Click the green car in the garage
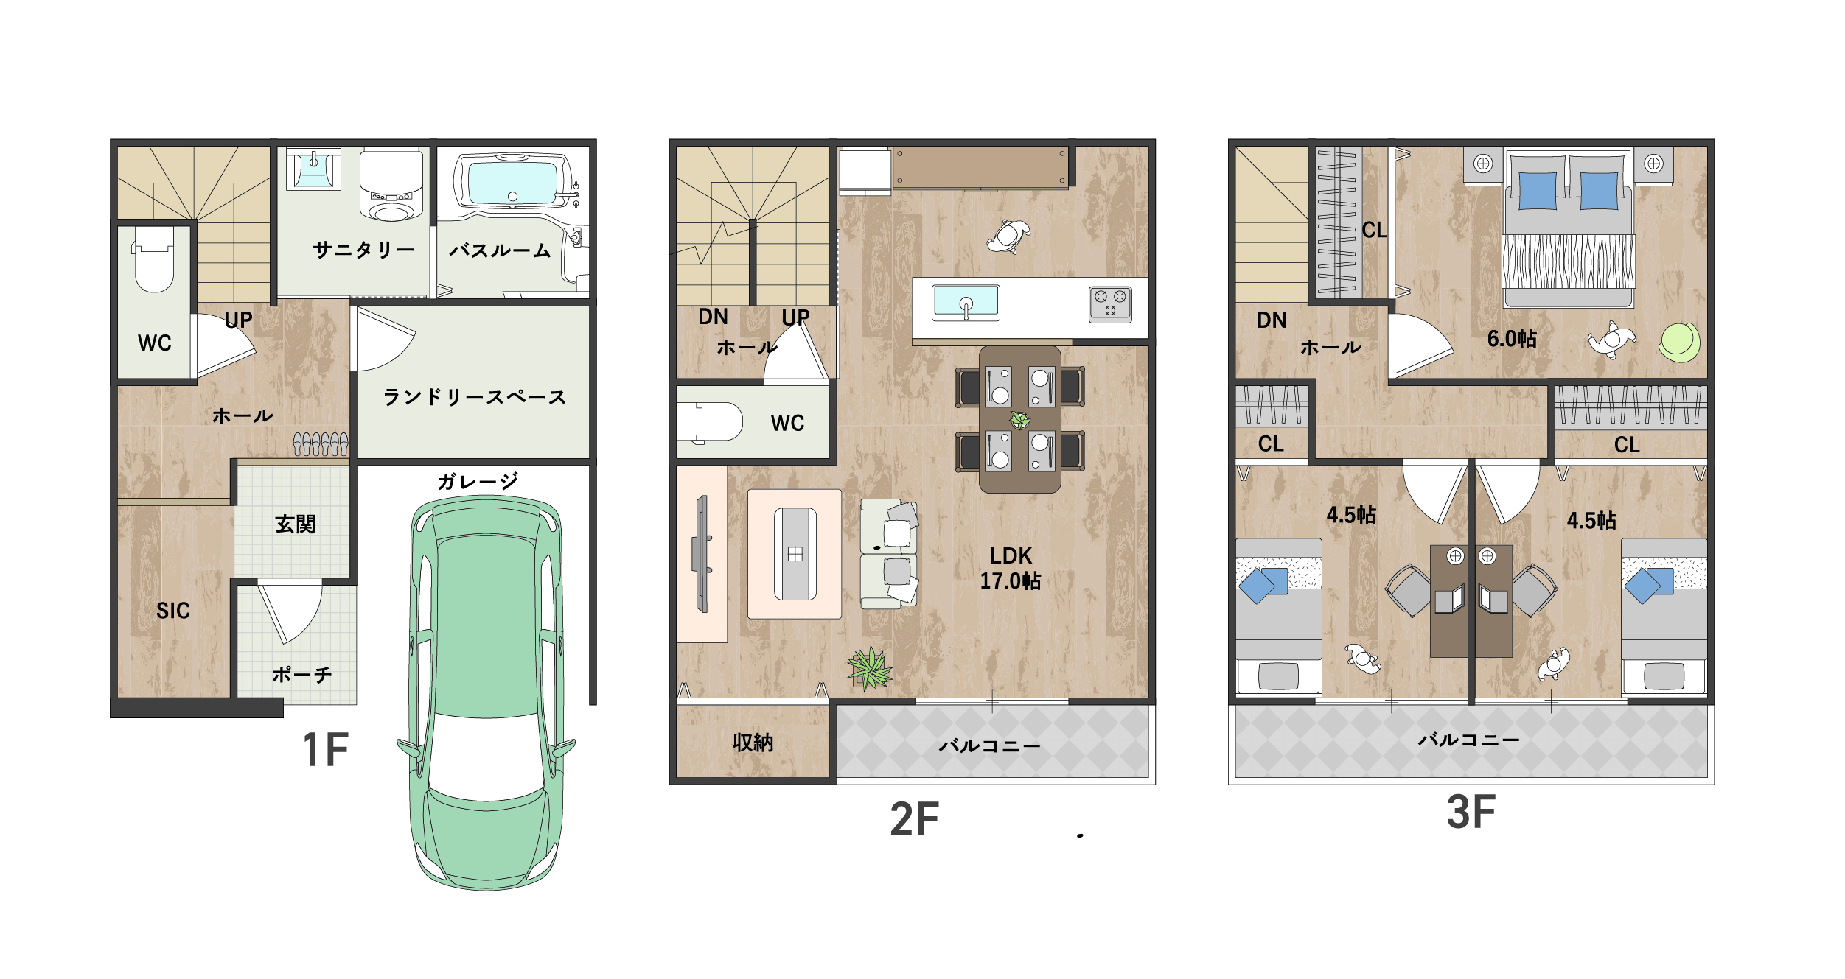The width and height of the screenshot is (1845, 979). (486, 692)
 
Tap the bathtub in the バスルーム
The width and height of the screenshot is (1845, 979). (513, 181)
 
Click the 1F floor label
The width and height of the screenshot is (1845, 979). (325, 750)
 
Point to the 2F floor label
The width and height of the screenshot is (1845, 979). (915, 819)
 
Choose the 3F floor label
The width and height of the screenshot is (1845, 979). (1471, 812)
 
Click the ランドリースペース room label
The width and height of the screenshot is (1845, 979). (474, 397)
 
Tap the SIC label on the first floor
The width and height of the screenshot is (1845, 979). (173, 611)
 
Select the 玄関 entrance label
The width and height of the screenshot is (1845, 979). (295, 524)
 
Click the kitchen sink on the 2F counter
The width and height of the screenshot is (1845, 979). (966, 303)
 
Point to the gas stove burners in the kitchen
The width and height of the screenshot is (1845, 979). (1110, 304)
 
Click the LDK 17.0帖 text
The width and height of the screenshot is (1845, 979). (1011, 569)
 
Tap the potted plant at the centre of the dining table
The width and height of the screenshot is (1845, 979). (1020, 420)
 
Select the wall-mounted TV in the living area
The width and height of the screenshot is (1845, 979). (702, 554)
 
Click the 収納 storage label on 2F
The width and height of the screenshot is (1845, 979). (753, 743)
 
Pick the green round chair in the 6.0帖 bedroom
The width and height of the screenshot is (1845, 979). (1680, 343)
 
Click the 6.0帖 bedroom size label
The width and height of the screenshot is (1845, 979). (1512, 339)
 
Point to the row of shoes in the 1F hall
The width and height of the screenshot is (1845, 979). (321, 444)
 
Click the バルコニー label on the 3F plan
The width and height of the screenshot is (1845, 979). (1469, 740)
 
